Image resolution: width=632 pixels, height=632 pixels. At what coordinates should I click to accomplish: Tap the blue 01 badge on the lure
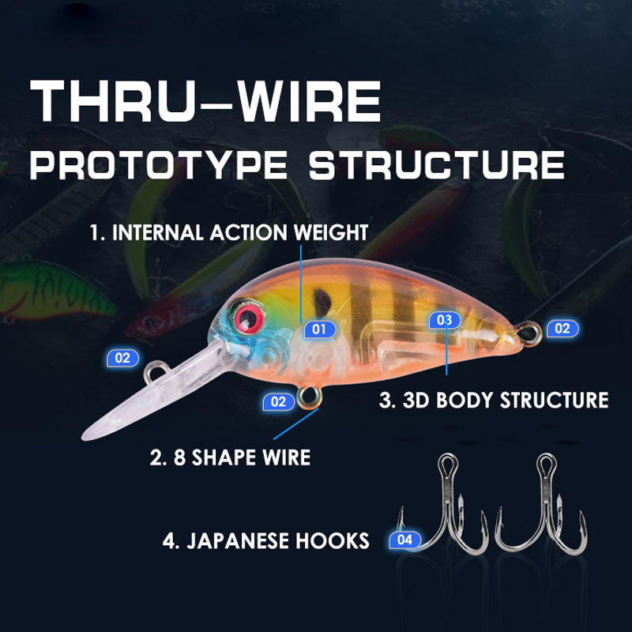tap(319, 329)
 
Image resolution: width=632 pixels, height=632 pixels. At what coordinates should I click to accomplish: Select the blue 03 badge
tap(444, 320)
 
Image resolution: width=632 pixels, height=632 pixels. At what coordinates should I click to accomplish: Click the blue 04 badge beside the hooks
tap(405, 540)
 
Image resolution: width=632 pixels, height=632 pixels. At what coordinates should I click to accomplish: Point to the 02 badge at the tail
tap(562, 328)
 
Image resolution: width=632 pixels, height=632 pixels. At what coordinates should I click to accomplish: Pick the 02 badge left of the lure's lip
tap(122, 357)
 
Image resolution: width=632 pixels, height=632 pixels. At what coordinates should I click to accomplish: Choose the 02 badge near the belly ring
tap(278, 401)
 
